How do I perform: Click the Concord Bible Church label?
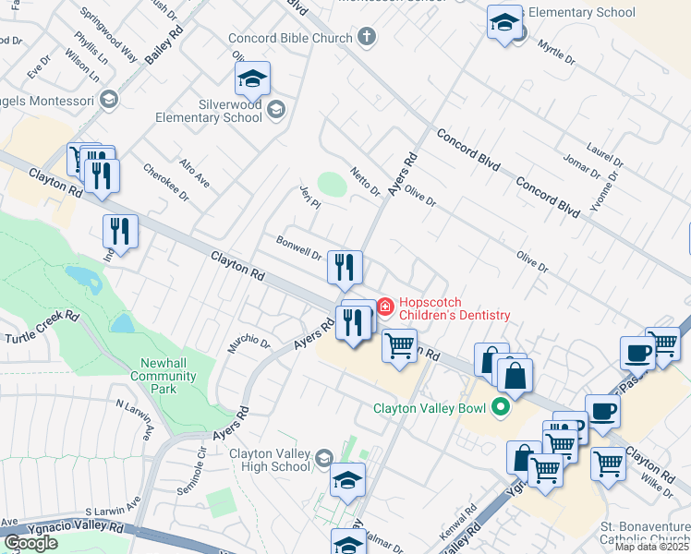(291, 38)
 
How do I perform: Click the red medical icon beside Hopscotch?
(384, 306)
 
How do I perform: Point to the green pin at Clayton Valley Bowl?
(501, 405)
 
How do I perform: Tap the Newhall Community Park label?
(164, 370)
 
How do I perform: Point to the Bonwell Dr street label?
(297, 247)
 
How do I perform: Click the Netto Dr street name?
(365, 182)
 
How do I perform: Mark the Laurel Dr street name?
(605, 155)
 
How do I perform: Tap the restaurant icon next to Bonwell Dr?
(345, 268)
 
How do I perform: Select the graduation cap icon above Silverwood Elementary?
(251, 79)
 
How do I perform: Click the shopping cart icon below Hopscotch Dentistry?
(399, 347)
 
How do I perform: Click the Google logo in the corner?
(30, 542)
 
